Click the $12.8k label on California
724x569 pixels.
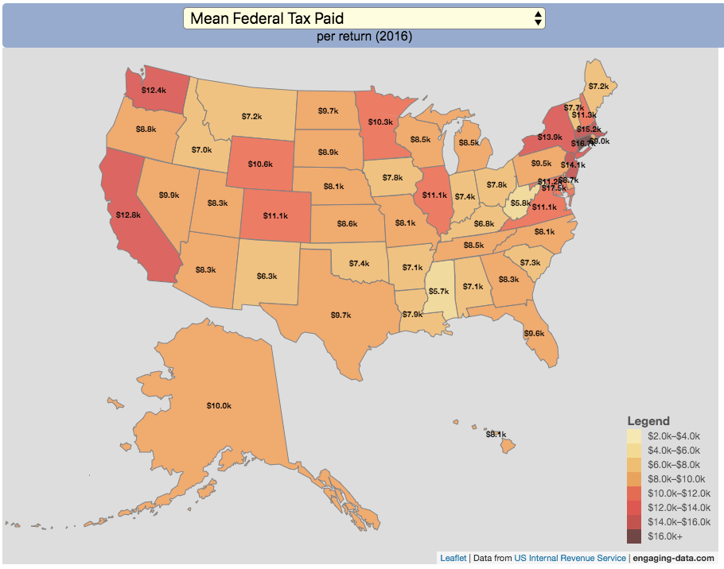[128, 215]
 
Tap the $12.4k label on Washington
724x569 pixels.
[153, 91]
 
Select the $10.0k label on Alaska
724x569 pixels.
[219, 406]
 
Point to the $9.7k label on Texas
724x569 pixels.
[341, 315]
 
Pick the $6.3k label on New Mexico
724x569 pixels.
[267, 277]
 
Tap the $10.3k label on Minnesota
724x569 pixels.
[381, 122]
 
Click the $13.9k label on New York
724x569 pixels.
[550, 137]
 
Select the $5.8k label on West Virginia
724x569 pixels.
[520, 203]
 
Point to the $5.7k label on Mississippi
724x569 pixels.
[438, 292]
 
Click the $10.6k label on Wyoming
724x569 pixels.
[259, 165]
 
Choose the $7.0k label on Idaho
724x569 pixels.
[201, 149]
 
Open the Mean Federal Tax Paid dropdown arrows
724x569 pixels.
[539, 18]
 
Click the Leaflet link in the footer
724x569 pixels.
[453, 559]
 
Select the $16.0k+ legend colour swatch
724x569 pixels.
[633, 537]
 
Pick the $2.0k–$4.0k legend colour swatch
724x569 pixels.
[633, 436]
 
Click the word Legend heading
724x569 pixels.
[648, 421]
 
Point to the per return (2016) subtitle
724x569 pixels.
[364, 37]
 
